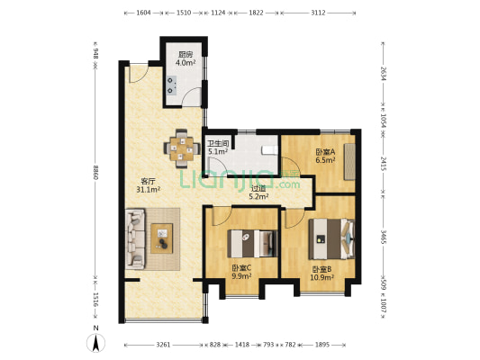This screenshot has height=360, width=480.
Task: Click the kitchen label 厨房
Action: (186, 55)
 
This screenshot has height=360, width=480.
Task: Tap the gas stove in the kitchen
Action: (171, 85)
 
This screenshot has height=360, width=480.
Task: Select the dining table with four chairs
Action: (182, 149)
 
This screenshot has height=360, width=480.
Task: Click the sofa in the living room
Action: (135, 238)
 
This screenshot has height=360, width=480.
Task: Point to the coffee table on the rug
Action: (161, 238)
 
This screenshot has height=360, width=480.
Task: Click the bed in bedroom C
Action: (252, 244)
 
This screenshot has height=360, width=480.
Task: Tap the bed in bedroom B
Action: (331, 238)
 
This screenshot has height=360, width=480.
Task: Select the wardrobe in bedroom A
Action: (349, 161)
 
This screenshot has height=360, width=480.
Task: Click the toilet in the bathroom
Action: (269, 150)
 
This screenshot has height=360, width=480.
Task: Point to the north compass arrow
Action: (96, 343)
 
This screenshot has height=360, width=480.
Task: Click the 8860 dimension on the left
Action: (95, 173)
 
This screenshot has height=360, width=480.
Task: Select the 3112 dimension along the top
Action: (318, 13)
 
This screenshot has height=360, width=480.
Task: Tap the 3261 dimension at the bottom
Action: (163, 345)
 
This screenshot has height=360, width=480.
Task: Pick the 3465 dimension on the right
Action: (383, 237)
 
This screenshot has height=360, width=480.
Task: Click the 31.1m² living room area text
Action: (149, 190)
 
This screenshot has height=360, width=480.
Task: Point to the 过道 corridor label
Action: (258, 189)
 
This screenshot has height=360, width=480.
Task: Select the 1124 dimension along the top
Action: (218, 13)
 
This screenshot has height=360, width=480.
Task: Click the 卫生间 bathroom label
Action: (218, 143)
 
